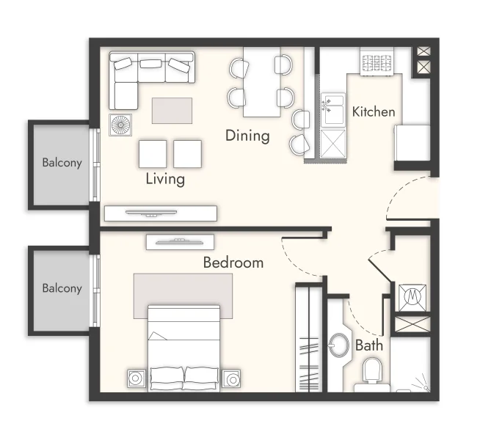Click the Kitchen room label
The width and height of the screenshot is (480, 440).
(x=374, y=112)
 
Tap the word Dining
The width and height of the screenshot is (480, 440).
(x=247, y=136)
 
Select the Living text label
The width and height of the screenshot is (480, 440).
(x=165, y=178)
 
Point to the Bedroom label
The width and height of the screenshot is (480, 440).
(x=233, y=263)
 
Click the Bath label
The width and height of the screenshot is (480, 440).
(x=368, y=345)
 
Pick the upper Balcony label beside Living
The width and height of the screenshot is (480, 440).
(x=62, y=162)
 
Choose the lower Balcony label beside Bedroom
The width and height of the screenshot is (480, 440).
(x=62, y=288)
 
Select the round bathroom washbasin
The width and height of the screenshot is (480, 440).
(x=341, y=344)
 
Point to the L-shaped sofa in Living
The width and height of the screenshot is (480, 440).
(x=147, y=73)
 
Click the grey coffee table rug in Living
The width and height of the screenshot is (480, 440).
(x=172, y=111)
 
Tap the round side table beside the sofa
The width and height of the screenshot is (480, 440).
(x=120, y=125)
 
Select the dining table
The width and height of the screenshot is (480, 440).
(x=262, y=81)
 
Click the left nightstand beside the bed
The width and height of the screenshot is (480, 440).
(x=137, y=379)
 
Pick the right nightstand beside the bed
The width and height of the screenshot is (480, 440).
(x=232, y=379)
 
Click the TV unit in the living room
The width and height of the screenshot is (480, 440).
(x=160, y=213)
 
